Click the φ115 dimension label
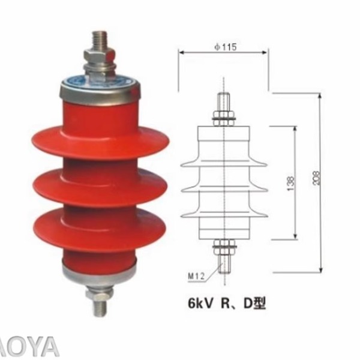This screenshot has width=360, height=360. click(223, 46)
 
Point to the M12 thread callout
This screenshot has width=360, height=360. click(196, 276)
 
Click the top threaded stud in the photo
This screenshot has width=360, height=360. click(99, 40)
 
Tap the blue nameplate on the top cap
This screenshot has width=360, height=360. click(100, 79)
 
